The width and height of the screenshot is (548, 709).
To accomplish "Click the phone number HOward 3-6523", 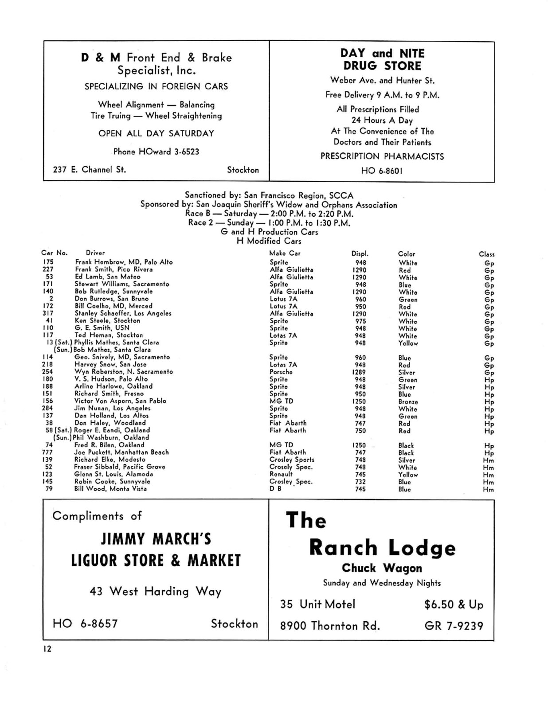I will (156, 152).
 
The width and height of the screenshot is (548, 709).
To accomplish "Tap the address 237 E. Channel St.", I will (89, 169).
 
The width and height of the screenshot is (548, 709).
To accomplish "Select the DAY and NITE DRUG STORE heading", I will (382, 59).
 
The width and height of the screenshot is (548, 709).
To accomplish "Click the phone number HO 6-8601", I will (382, 171).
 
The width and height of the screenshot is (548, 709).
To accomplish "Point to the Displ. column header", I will (360, 254).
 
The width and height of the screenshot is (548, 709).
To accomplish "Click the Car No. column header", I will (55, 253).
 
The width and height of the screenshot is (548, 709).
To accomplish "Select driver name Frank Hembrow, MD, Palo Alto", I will (124, 262).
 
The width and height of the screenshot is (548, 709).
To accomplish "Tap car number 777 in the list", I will (48, 452).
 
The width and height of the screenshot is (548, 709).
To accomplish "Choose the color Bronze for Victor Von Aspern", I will (408, 401).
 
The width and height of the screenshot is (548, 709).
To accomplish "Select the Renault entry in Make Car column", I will (281, 474).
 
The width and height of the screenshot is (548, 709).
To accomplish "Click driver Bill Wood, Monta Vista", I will (110, 488).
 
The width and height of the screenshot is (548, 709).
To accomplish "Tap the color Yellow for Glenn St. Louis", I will (408, 474).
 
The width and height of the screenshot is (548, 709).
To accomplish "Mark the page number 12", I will (47, 649).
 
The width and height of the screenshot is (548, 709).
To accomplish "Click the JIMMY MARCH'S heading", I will (156, 539).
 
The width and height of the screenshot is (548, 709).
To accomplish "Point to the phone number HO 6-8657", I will (85, 623).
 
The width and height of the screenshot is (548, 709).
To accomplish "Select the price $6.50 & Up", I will (454, 604).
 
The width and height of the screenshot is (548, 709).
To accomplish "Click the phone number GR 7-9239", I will (454, 626).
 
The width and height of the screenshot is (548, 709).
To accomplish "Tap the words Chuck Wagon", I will (382, 568).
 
